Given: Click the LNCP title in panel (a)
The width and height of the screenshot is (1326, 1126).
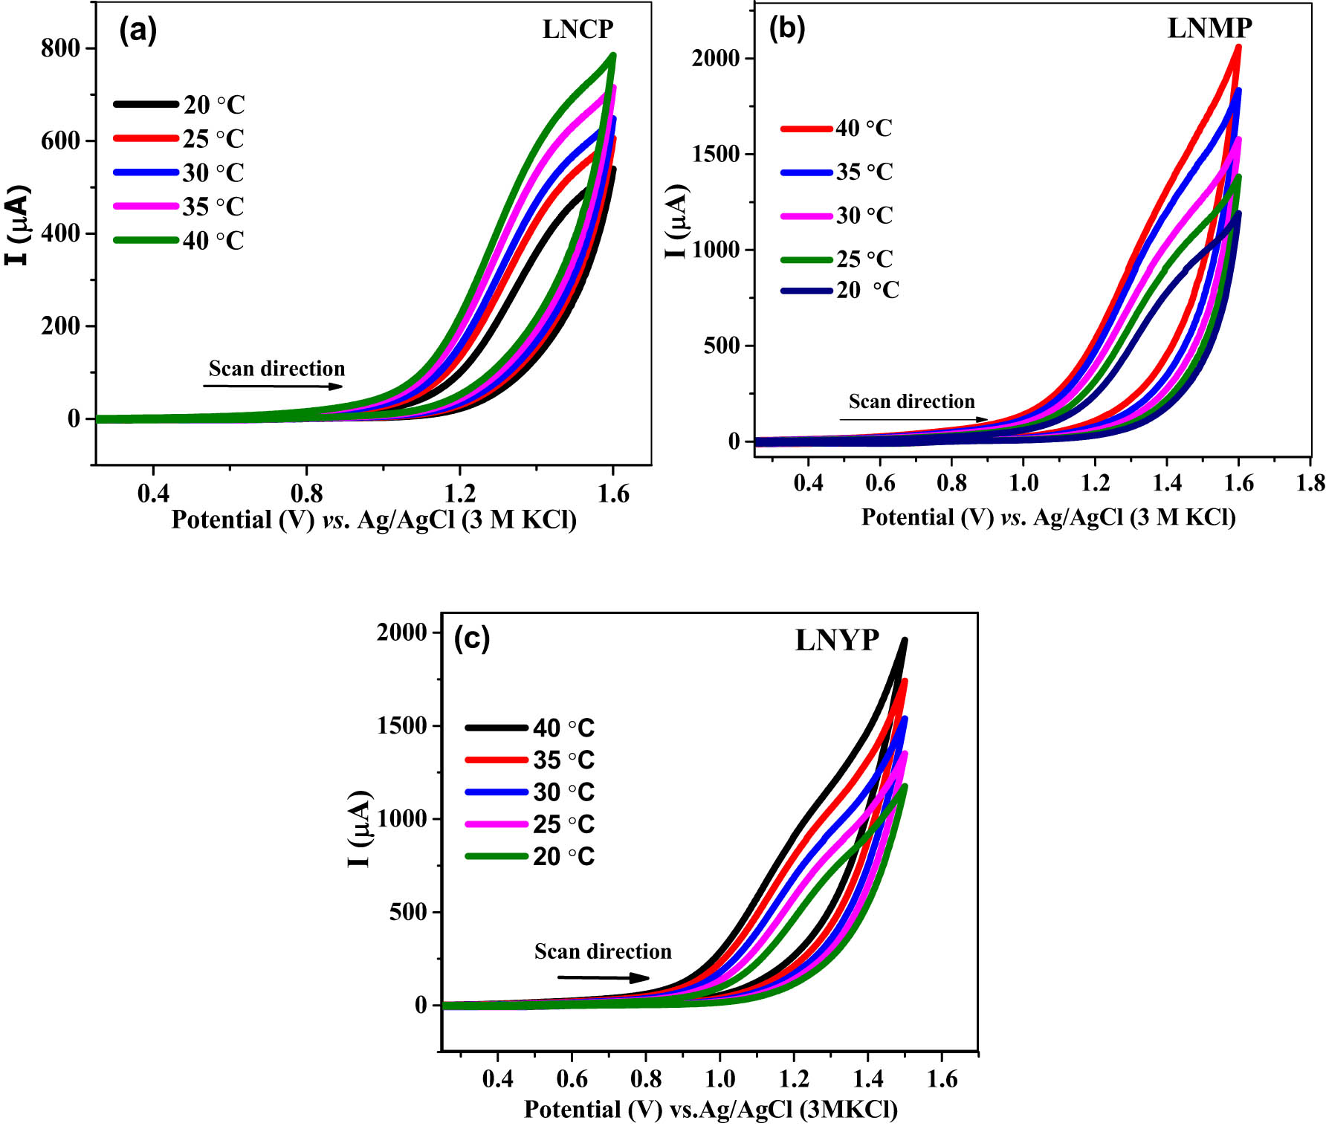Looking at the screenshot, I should coord(578,29).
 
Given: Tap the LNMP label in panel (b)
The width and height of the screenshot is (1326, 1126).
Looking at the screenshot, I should coord(1209,27).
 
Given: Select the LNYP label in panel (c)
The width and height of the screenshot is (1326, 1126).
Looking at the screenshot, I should coord(837,640).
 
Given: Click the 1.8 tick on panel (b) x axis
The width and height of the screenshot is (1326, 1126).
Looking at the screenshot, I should coord(1310,483).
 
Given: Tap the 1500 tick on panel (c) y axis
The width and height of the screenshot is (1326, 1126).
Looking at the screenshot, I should coord(401,726).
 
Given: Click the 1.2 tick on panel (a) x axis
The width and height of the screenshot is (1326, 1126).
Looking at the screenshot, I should coord(459,494).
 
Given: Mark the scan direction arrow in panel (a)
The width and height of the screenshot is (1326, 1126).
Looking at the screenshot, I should coord(273,386).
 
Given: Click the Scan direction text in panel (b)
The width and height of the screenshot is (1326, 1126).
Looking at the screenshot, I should coord(911,401).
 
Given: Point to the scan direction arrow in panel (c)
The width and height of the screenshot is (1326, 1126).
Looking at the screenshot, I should coord(603,978).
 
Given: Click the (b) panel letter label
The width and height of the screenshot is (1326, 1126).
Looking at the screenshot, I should coord(787,27).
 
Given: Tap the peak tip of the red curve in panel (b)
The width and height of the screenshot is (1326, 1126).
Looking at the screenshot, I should coord(1238,47).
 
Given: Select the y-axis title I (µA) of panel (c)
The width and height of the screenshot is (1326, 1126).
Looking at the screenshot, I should coord(360,829).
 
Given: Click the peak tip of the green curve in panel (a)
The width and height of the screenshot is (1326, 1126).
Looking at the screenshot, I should coord(613,55).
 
